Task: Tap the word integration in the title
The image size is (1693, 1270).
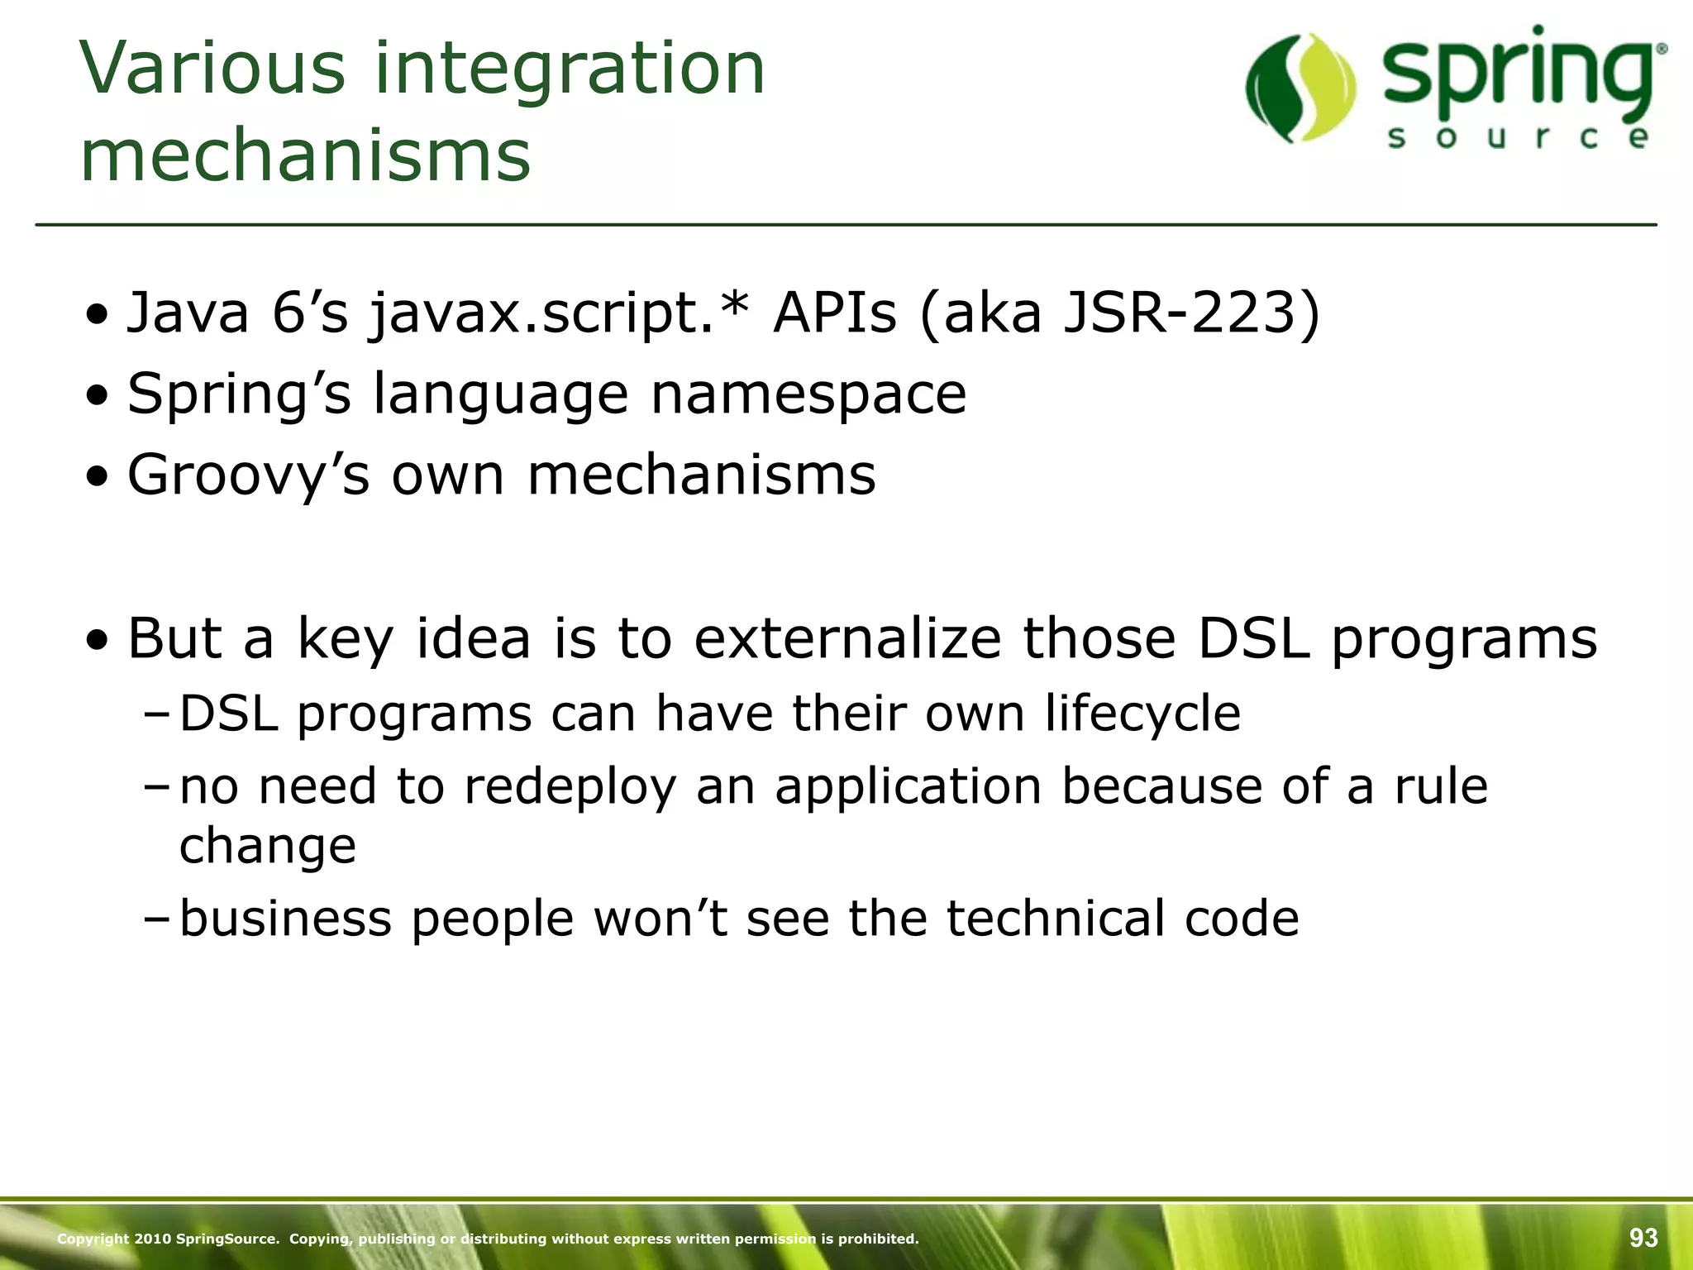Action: (x=570, y=68)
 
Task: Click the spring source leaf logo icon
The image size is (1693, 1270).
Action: (x=1300, y=88)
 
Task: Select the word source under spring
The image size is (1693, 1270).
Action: (x=1518, y=137)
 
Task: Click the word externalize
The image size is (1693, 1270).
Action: (x=847, y=638)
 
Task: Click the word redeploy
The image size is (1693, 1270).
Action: (x=570, y=787)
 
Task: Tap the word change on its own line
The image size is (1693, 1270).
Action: (x=267, y=847)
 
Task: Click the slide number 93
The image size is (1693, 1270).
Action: (x=1643, y=1238)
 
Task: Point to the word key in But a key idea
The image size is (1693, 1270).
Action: (x=344, y=640)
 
